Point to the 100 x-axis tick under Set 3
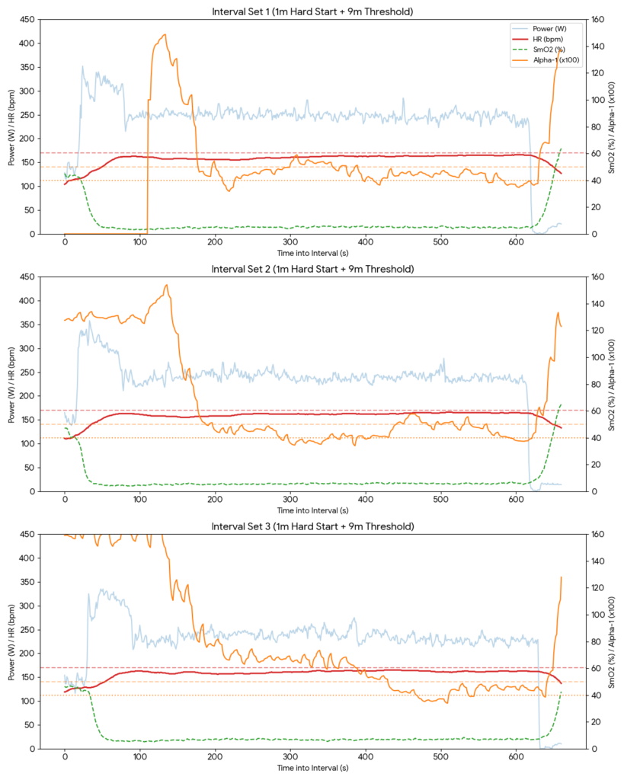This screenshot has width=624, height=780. coord(140,758)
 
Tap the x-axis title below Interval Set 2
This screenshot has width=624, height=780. coord(313,510)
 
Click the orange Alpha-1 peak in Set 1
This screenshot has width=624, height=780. coord(165,34)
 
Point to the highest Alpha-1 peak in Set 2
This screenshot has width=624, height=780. coord(166,285)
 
